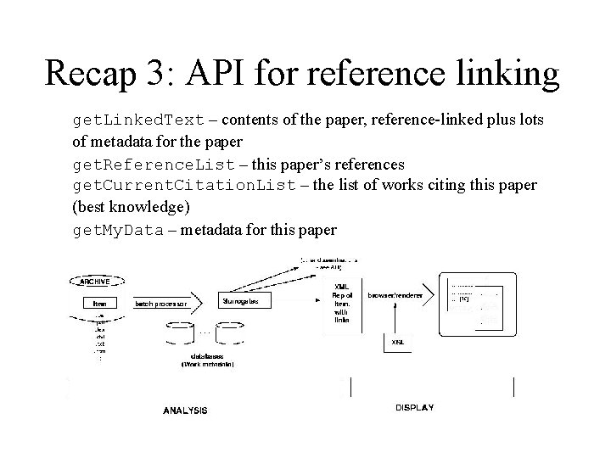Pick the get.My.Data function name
[117, 229]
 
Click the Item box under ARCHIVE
[99, 302]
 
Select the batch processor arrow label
[163, 302]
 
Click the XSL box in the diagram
[396, 343]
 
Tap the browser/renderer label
[395, 294]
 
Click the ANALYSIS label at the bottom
[185, 411]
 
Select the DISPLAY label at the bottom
[414, 408]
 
